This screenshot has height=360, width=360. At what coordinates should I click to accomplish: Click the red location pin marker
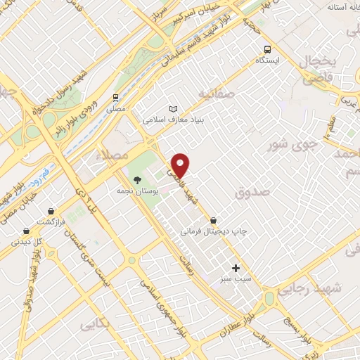coord(181,165)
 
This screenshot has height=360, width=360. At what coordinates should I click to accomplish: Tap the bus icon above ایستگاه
coord(267,49)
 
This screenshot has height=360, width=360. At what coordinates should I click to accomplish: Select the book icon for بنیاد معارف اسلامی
coord(174,109)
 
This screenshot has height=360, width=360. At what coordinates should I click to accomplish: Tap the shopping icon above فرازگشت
coord(51,211)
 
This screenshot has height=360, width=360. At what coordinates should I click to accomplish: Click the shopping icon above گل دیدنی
coord(27,230)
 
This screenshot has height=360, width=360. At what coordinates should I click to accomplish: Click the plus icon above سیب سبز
coord(236,268)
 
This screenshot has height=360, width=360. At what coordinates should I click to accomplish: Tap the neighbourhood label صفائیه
coord(214,94)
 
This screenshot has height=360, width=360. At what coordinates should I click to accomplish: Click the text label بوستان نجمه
coord(141,191)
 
